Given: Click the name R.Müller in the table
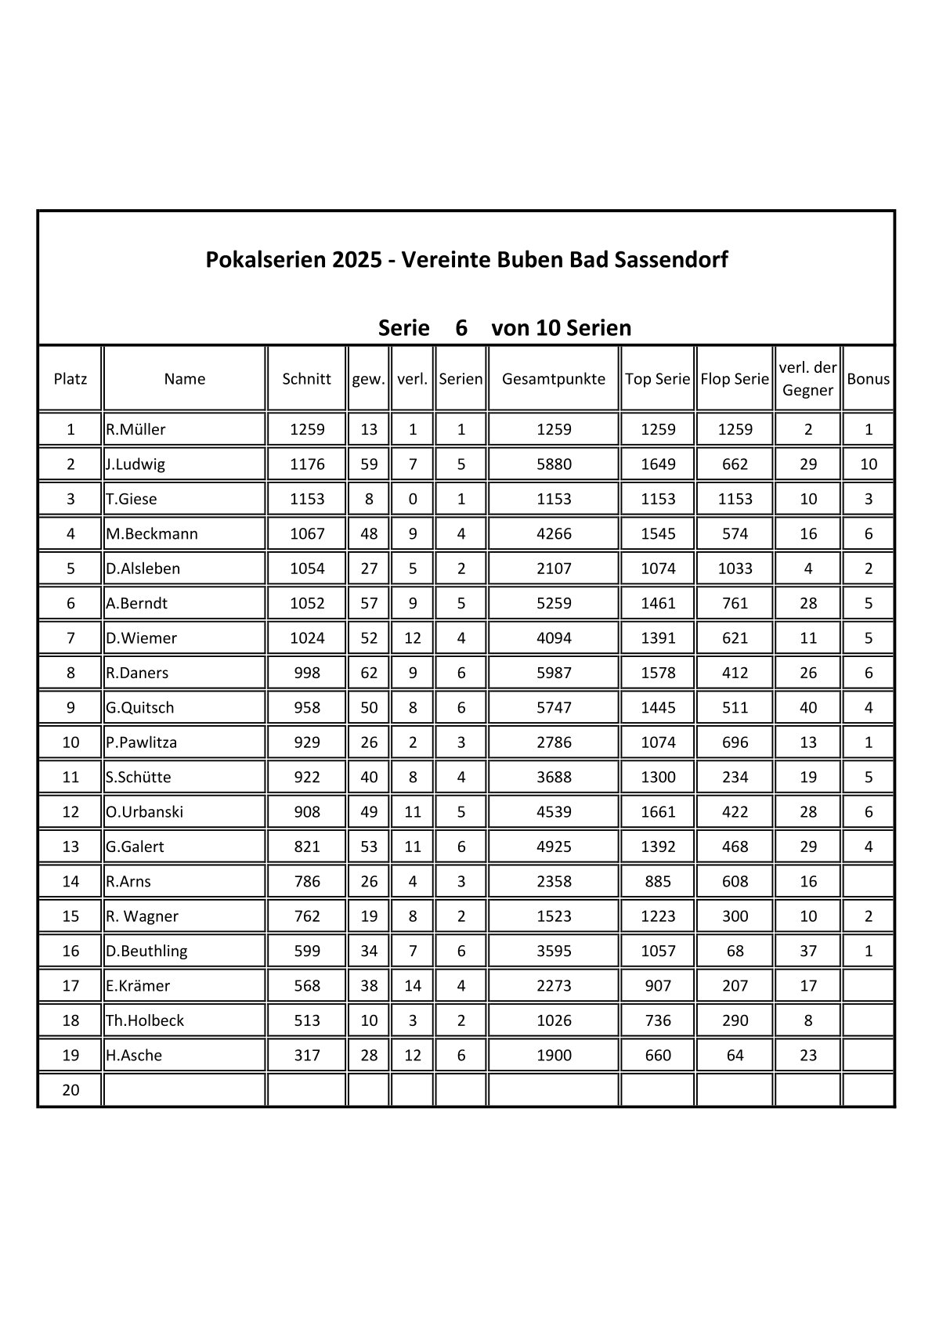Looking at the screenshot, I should (136, 429).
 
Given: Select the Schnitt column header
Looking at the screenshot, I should (306, 379).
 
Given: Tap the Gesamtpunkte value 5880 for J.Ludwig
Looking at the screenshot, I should (554, 464).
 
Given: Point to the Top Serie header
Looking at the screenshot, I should (657, 379).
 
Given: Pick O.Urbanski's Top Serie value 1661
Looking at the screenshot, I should (658, 812).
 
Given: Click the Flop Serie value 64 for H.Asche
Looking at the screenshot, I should (735, 1056).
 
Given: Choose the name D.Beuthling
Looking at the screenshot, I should (146, 951).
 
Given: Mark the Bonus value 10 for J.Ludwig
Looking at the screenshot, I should (869, 464).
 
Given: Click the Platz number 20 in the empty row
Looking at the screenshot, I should (70, 1090).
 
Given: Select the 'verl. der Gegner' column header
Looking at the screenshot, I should (807, 379).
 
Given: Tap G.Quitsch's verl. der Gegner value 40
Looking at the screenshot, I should (808, 708).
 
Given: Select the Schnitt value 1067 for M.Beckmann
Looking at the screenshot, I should (307, 534).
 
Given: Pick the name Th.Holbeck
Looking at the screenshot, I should (145, 1020).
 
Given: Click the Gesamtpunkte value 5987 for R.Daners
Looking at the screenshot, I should (554, 673).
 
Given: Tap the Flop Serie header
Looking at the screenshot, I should (735, 379).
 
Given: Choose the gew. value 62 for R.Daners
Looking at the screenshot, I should (369, 673).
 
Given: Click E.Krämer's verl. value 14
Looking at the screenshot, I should (413, 986).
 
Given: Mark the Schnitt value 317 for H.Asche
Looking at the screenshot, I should (307, 1056).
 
